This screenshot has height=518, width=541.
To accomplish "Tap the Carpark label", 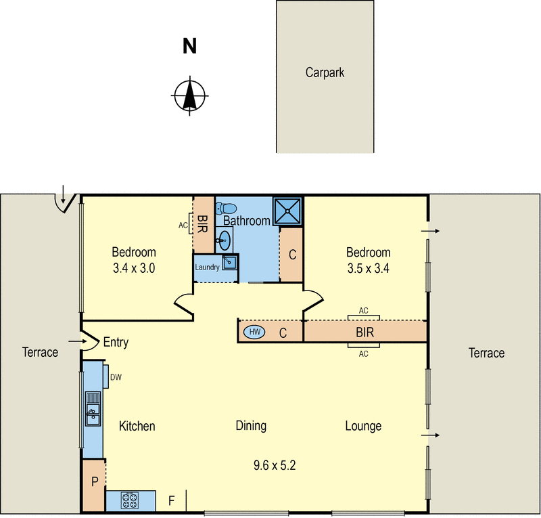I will coord(325,72).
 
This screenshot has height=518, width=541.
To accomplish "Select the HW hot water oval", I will coord(255,332).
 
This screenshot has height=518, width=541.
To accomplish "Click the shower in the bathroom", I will coord(287,211).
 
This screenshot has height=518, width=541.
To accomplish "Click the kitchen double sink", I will coord(93,408).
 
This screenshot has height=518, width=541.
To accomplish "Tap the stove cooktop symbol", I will coord(130,501).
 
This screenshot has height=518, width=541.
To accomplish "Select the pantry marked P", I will coord(94,482).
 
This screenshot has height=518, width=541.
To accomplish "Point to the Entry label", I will coord(116,343).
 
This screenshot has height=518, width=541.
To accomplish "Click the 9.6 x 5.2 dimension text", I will coord(275,465).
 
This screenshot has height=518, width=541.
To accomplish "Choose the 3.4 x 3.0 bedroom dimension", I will coord(134,267).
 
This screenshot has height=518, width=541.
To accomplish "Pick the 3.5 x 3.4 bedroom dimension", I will coord(369,267).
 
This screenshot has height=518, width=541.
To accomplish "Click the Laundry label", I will coord(207,267).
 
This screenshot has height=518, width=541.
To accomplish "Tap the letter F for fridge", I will coord(172,502).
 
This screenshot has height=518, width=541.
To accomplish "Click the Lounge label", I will coord(363,426).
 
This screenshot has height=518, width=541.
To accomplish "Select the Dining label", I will coord(251,426).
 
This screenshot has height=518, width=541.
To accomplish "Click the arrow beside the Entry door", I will coord(73,342).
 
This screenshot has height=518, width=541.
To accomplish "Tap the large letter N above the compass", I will coord(190,46).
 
